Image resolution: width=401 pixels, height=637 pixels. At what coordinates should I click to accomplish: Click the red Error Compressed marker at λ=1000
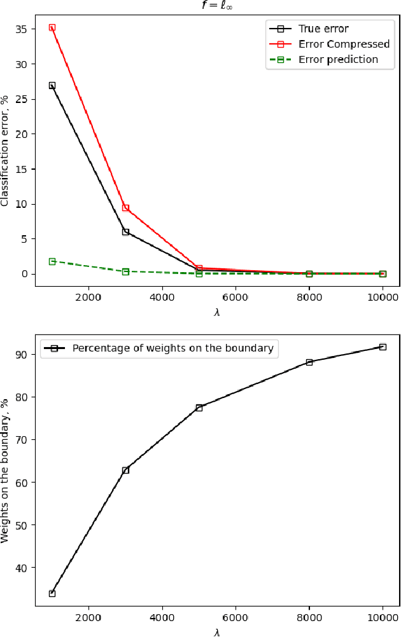tap(52, 27)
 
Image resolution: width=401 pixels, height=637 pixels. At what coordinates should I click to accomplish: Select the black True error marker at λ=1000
tap(52, 85)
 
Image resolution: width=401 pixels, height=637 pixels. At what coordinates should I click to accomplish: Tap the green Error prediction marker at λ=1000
tap(52, 261)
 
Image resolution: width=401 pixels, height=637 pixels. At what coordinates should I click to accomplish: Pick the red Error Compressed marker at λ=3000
tap(125, 208)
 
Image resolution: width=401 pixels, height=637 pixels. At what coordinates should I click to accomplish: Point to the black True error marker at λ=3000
tap(125, 232)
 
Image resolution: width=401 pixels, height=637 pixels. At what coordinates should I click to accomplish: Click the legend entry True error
tap(323, 29)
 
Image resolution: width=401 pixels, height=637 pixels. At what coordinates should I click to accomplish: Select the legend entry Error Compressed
tap(344, 44)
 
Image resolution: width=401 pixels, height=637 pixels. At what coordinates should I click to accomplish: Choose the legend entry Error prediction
tap(338, 59)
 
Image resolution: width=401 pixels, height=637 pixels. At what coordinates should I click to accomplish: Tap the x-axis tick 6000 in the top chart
tap(236, 296)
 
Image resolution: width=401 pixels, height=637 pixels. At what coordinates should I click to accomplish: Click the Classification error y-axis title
tap(6, 151)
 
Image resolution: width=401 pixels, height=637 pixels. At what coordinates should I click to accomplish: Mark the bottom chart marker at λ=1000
tap(52, 593)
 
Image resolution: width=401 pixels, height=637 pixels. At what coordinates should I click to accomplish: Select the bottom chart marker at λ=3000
tap(125, 470)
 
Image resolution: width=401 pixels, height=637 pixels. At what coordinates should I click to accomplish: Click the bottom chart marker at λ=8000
tap(309, 362)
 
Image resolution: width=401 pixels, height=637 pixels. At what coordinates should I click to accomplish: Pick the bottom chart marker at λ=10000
tap(383, 347)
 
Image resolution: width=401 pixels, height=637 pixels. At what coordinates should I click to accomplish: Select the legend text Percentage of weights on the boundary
tap(172, 348)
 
